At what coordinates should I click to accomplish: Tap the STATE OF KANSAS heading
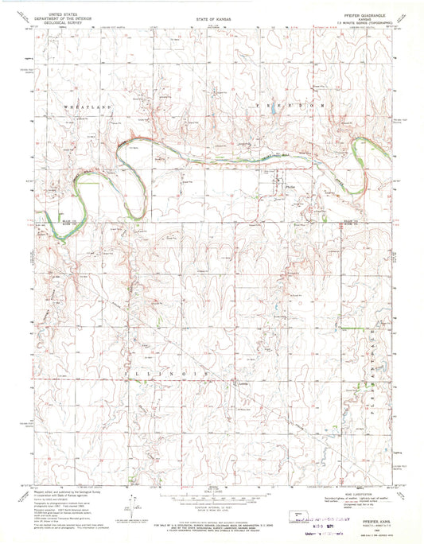coord(212,15)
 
